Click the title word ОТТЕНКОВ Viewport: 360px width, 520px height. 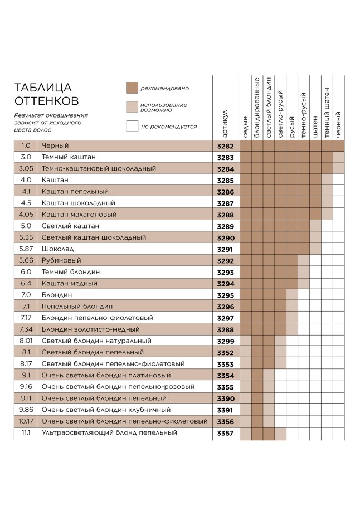[x=46, y=101]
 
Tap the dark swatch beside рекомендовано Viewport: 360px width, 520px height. [x=132, y=88]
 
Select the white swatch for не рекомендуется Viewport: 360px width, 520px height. [x=132, y=126]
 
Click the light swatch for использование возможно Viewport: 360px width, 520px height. [x=132, y=107]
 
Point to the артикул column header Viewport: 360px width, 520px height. [x=225, y=123]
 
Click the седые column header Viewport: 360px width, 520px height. [x=246, y=128]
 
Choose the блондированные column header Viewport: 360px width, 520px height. [x=257, y=109]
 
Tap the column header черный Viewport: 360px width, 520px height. [x=339, y=125]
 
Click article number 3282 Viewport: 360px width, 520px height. [x=225, y=146]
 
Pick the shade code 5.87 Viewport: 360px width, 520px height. [x=26, y=249]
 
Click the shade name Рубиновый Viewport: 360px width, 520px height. [x=61, y=260]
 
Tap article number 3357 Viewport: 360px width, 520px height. [x=225, y=433]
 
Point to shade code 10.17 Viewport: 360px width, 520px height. [x=26, y=421]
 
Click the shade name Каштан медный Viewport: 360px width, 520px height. [x=70, y=283]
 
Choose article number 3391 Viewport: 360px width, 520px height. [x=225, y=410]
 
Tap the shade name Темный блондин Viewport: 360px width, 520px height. [x=71, y=272]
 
